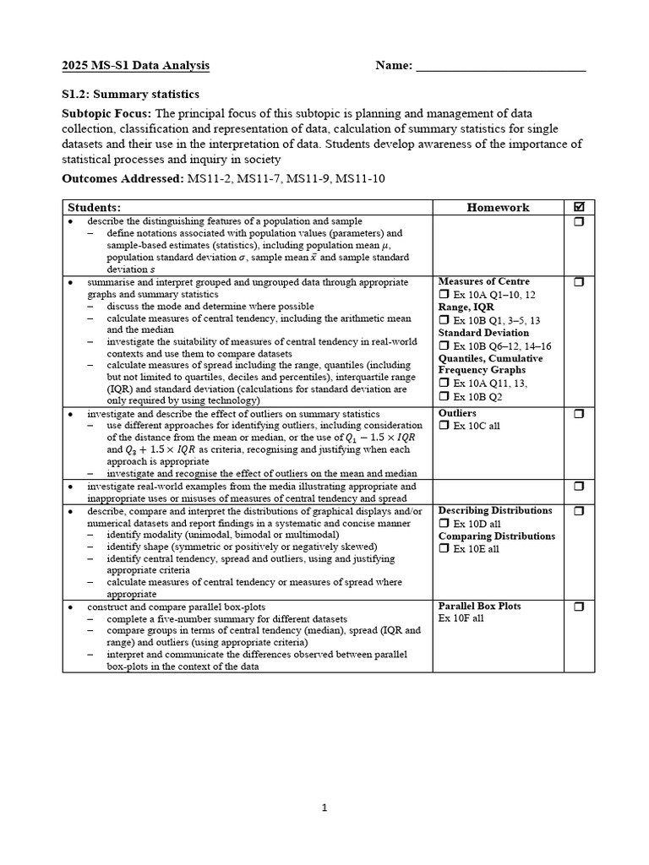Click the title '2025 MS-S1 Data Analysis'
(x=135, y=66)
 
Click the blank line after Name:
(x=500, y=67)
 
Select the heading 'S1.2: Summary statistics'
(x=131, y=95)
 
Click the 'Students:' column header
(x=95, y=207)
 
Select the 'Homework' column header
(x=498, y=207)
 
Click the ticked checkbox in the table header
(x=579, y=207)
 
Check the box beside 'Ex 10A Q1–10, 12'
(x=444, y=295)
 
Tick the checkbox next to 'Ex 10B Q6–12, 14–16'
(x=444, y=346)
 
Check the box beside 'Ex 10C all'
(x=444, y=426)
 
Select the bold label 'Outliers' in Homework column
(x=457, y=413)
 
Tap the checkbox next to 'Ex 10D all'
(x=444, y=524)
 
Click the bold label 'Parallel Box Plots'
(x=479, y=606)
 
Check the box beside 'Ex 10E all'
(x=444, y=549)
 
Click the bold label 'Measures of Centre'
(x=483, y=281)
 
